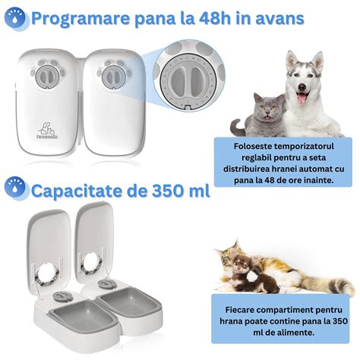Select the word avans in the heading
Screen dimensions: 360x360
279,19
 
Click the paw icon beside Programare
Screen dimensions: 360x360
16,18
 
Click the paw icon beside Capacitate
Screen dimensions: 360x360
15,188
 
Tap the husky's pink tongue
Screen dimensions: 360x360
302,98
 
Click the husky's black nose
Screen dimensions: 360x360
302,87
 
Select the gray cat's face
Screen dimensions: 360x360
267,108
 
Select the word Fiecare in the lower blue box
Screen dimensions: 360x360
240,310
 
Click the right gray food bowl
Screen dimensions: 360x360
129,302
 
